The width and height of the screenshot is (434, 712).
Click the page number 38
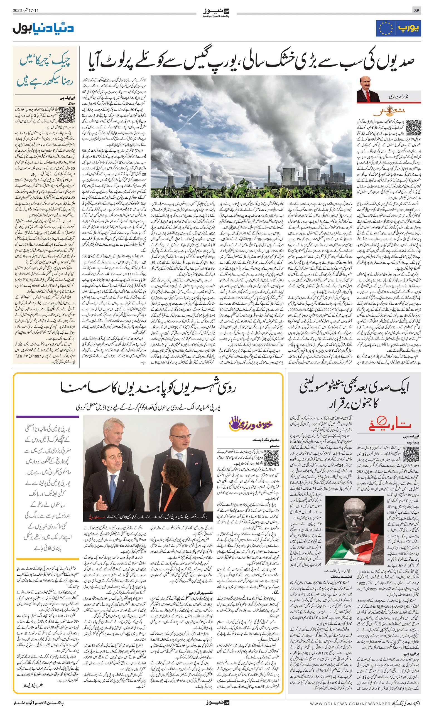(x=417, y=11)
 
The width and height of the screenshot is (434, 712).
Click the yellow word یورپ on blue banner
(x=408, y=28)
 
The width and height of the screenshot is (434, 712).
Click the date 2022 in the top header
(x=18, y=11)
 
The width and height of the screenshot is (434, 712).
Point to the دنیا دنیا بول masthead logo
(x=43, y=28)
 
